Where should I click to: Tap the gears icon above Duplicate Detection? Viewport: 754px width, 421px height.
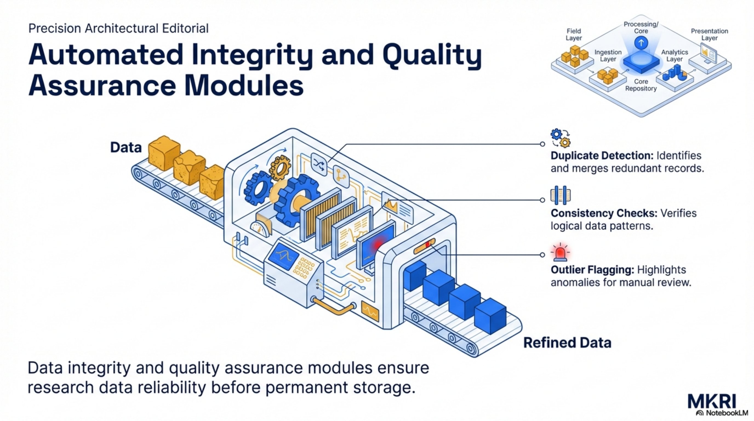click(560, 138)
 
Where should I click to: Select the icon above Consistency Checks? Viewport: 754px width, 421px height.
click(560, 195)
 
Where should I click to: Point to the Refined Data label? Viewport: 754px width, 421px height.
click(567, 343)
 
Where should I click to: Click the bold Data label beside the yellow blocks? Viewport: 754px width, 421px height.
click(126, 147)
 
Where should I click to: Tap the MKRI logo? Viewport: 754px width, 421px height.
click(712, 402)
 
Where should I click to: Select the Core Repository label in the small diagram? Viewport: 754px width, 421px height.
click(641, 85)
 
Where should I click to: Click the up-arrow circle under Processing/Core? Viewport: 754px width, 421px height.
click(641, 43)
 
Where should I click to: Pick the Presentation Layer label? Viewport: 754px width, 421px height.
click(709, 35)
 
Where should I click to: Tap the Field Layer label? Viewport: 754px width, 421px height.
click(573, 35)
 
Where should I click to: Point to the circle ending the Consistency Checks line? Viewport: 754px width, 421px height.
click(542, 200)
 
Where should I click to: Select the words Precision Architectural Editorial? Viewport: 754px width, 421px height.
click(118, 29)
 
